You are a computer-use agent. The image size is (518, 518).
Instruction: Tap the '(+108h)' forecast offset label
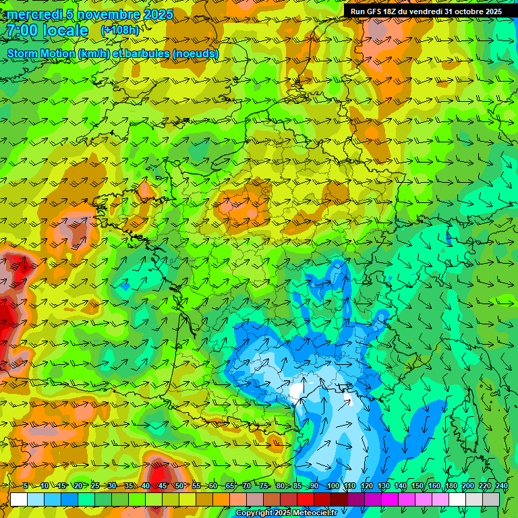click(120, 30)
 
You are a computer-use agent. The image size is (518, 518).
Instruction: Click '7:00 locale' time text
click(47, 31)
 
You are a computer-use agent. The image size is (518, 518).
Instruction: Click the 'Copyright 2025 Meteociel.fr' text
click(286, 513)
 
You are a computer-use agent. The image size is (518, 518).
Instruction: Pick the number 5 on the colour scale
click(26, 486)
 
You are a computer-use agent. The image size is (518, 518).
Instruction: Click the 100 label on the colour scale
click(333, 486)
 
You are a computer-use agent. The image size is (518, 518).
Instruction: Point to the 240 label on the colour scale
click(501, 486)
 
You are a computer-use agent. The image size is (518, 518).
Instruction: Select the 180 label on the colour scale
click(451, 486)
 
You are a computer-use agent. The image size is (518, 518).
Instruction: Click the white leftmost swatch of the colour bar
click(19, 499)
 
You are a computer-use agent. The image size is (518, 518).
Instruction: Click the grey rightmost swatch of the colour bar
click(491, 499)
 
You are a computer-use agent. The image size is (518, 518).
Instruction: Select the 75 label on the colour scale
click(264, 486)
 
